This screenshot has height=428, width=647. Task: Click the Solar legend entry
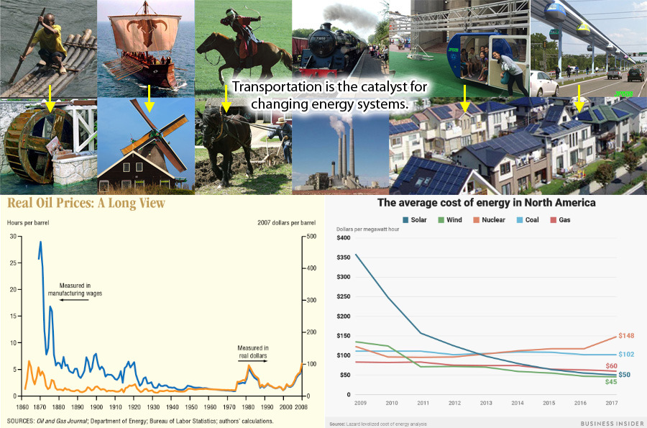tap(415, 220)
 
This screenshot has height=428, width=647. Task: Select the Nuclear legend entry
tap(490, 220)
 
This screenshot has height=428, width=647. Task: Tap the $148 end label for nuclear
tap(626, 335)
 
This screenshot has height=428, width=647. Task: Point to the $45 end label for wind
tap(610, 382)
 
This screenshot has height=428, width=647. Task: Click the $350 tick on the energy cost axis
tap(344, 257)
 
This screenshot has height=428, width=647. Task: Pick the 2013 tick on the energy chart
tap(486, 403)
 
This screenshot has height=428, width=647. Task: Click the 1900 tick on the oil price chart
tap(96, 407)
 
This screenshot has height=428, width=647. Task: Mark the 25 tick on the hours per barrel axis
tap(13, 263)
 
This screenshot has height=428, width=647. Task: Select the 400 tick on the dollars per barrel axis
tap(311, 268)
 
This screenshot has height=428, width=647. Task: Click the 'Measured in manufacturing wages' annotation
tap(75, 289)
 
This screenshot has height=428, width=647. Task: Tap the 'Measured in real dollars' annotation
tap(253, 352)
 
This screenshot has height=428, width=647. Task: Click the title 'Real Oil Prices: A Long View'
tap(86, 203)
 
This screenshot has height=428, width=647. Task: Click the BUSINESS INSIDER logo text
tap(612, 424)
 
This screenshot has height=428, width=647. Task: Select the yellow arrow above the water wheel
tap(50, 99)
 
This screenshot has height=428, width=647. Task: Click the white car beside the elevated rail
tap(543, 83)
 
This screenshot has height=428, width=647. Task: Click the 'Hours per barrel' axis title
tap(28, 222)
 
